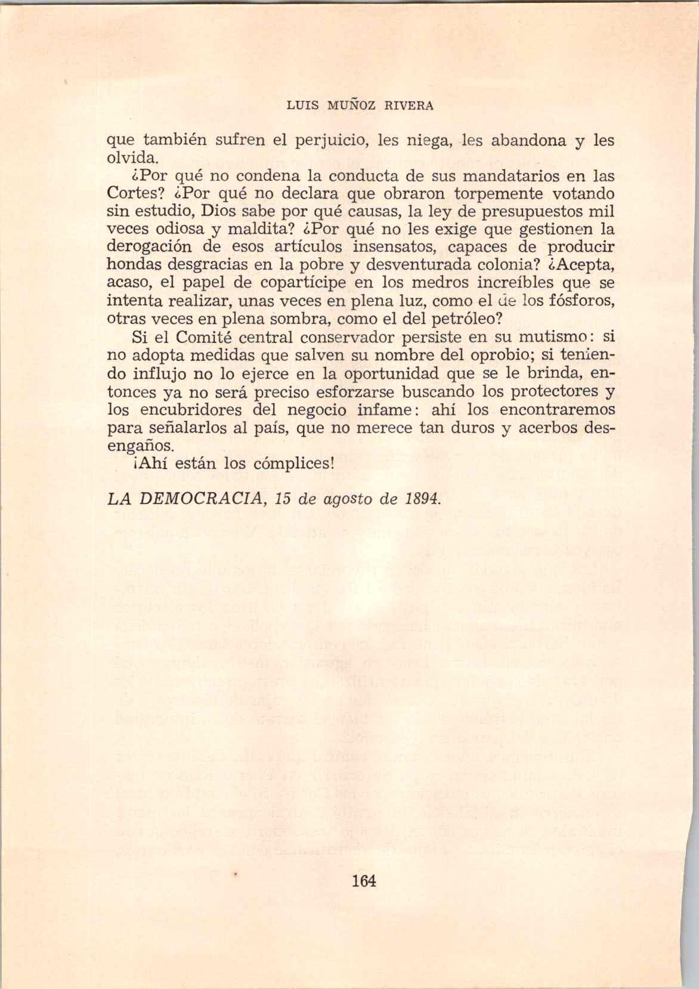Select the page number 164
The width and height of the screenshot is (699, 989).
[x=363, y=880]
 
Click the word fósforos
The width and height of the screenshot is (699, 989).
[x=579, y=299]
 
